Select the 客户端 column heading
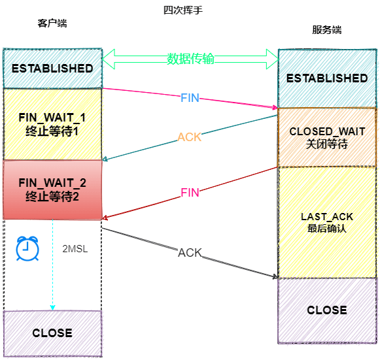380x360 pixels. pos(52,23)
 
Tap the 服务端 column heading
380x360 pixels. pos(327,30)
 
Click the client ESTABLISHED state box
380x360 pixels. pos(52,68)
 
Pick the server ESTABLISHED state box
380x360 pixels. pos(327,78)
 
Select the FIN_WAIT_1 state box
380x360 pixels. pos(52,123)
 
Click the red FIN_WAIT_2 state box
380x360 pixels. pos(52,189)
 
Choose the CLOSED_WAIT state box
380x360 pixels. pos(327,137)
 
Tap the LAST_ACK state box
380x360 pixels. pos(327,222)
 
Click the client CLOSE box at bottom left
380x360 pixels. pos(52,333)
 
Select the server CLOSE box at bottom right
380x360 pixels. pos(327,310)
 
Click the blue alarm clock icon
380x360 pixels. pos(26,248)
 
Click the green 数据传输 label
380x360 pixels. pos(190,59)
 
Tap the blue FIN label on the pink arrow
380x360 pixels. pos(190,97)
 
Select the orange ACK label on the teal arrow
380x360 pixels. pos(190,137)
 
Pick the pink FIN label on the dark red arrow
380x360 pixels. pos(190,193)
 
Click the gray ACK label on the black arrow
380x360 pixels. pos(190,252)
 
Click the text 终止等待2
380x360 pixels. pos(52,195)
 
